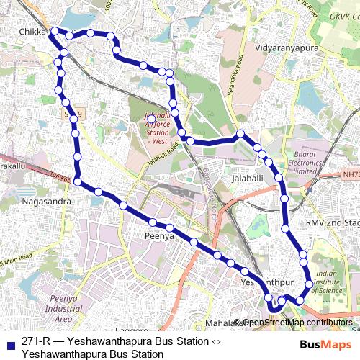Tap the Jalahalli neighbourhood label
249,177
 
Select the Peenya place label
160,235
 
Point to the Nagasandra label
47,202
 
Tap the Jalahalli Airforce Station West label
150,129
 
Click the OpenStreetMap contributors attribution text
297,323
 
